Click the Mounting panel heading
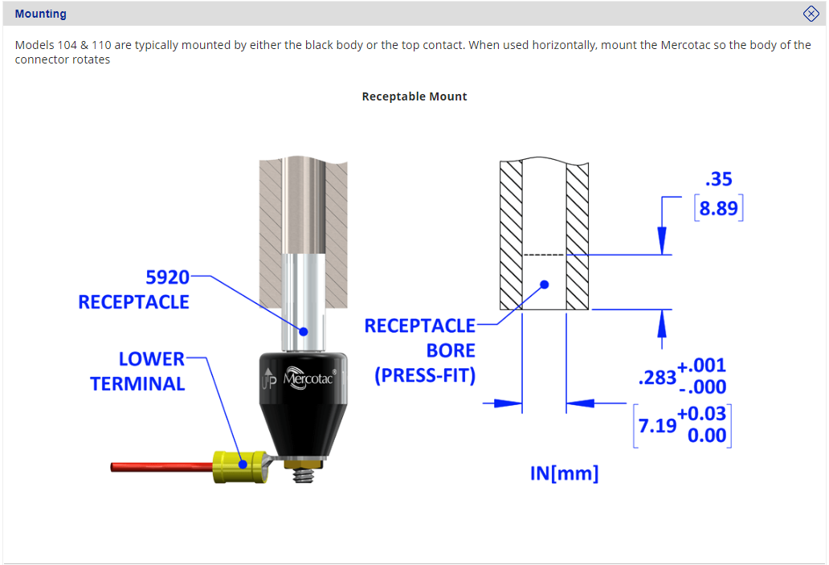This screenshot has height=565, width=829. [40, 14]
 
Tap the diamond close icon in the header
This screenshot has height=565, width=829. [811, 14]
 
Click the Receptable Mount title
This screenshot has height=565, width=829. [414, 96]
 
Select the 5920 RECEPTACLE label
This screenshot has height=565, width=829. [133, 289]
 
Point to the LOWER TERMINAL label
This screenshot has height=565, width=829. [137, 371]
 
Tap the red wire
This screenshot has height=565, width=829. [161, 466]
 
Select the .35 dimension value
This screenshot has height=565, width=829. [718, 179]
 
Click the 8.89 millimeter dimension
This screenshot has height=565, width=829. [719, 209]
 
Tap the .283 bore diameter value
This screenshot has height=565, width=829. [656, 377]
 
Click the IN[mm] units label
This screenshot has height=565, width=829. [564, 473]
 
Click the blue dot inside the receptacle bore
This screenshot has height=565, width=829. [545, 284]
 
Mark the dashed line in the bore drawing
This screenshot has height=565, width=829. [545, 255]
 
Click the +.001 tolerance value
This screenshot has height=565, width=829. [702, 366]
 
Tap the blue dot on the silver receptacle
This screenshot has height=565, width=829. [304, 330]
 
